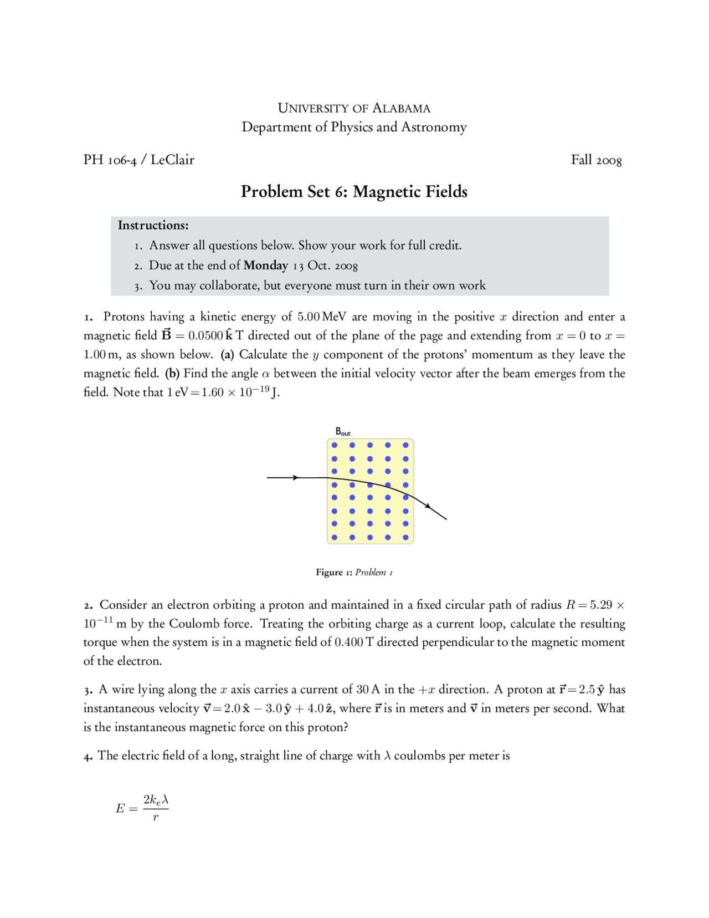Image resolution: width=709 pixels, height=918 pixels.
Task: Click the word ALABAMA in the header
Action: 401,108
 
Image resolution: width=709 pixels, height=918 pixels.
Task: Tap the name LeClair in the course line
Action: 172,160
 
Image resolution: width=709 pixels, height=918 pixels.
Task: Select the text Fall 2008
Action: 596,160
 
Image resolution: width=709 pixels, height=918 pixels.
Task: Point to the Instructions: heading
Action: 153,225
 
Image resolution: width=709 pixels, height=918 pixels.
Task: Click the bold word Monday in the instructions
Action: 266,266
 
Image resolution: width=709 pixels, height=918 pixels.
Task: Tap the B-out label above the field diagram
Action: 342,431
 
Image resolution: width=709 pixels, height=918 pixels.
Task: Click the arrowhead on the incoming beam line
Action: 296,477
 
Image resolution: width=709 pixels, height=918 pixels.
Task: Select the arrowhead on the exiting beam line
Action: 427,505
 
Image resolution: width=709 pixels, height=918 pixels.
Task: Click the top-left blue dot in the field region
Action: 334,445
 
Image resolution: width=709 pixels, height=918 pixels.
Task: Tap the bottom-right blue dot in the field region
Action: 405,537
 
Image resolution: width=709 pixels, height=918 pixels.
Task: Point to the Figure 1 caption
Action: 354,572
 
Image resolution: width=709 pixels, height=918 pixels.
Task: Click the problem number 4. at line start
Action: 88,756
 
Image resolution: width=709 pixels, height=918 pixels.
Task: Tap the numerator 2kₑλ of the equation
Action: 156,799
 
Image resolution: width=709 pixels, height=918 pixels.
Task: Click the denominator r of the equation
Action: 156,817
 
